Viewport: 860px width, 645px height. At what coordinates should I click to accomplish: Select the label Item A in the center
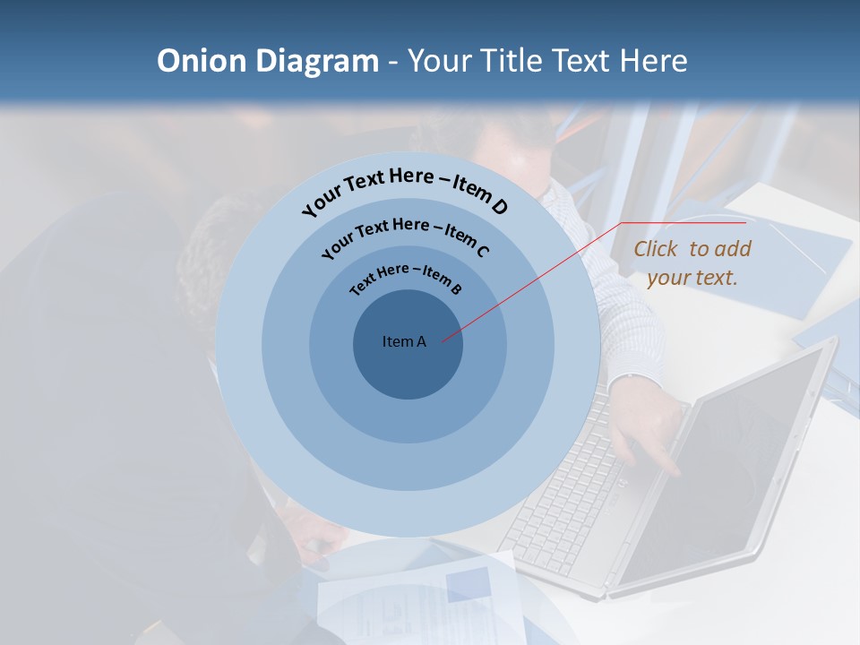(404, 341)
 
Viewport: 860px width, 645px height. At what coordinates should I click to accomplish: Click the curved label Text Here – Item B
(405, 277)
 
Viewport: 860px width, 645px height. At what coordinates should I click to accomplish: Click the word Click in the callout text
(658, 249)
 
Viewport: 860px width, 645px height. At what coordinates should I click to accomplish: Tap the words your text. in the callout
(692, 278)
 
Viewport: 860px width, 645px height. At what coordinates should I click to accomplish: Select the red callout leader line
(537, 278)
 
